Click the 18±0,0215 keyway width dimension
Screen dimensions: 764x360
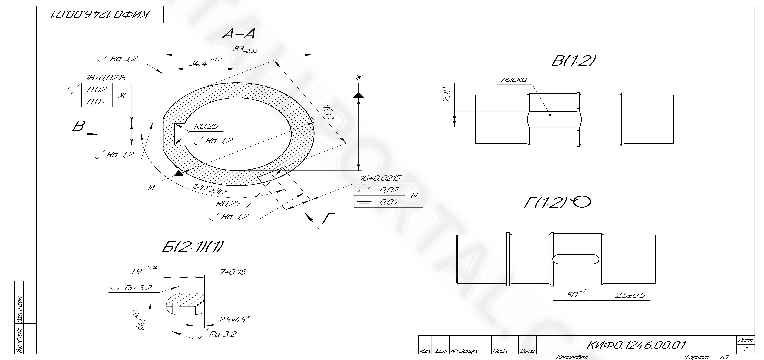coord(106,78)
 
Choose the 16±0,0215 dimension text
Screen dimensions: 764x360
coord(380,178)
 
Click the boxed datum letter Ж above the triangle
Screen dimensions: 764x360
coord(359,77)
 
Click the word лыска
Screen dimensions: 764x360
coord(514,80)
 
